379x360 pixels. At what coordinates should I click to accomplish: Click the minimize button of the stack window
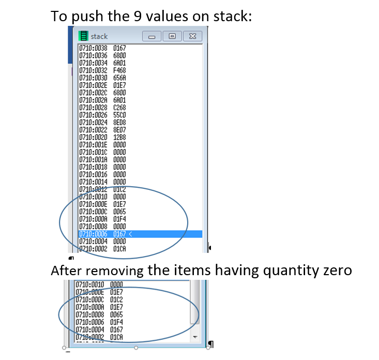point(151,37)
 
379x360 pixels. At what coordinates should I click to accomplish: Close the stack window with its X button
point(192,37)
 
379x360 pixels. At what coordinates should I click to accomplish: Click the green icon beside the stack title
point(83,36)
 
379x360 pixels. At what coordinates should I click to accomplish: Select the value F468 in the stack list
point(119,69)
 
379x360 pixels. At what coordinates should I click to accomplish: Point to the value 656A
point(119,77)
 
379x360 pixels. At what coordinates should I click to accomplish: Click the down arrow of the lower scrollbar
point(195,337)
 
